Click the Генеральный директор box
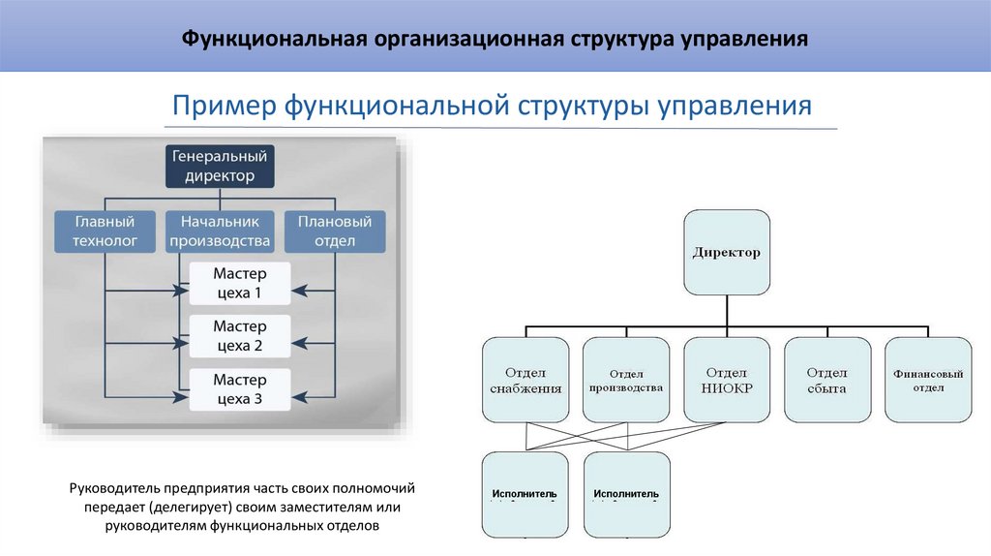(219, 165)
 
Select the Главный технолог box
(105, 232)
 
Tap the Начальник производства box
(219, 232)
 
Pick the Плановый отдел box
(334, 232)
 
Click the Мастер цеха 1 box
(238, 282)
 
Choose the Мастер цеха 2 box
(238, 335)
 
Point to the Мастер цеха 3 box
(238, 388)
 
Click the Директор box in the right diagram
(727, 252)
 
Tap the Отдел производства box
(625, 379)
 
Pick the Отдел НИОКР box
(727, 379)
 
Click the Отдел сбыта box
(827, 379)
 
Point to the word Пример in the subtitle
(224, 104)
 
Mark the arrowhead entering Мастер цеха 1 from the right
(298, 290)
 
